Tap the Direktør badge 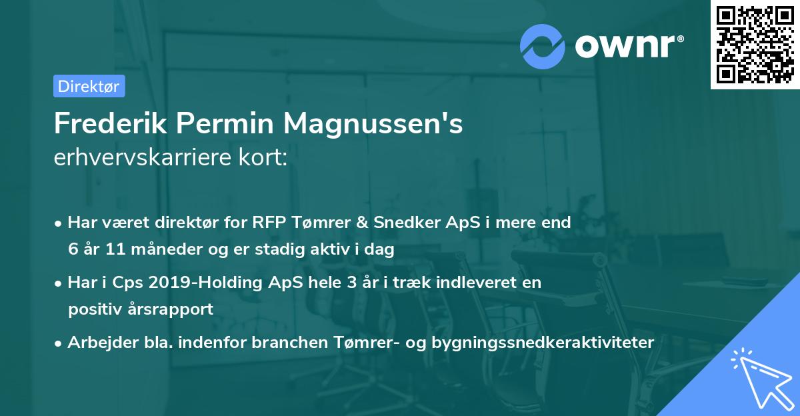click(x=89, y=86)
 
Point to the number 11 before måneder click(x=109, y=250)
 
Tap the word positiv click(x=95, y=309)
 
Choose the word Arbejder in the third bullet click(x=97, y=342)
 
